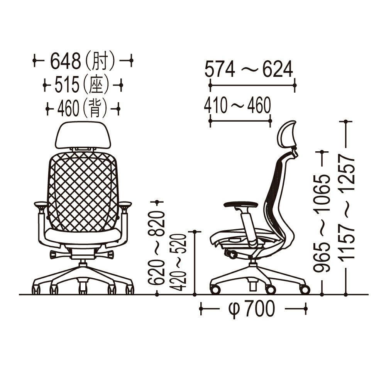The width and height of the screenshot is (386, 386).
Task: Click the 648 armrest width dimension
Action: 66,61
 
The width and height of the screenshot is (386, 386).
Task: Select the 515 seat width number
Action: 67,85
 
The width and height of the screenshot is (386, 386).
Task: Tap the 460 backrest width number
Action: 68,108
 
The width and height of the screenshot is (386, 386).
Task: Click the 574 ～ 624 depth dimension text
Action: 249,69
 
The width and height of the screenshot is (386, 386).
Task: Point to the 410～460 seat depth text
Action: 237,105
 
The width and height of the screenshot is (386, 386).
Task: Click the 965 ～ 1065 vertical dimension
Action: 322,223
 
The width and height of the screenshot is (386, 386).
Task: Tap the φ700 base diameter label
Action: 251,309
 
